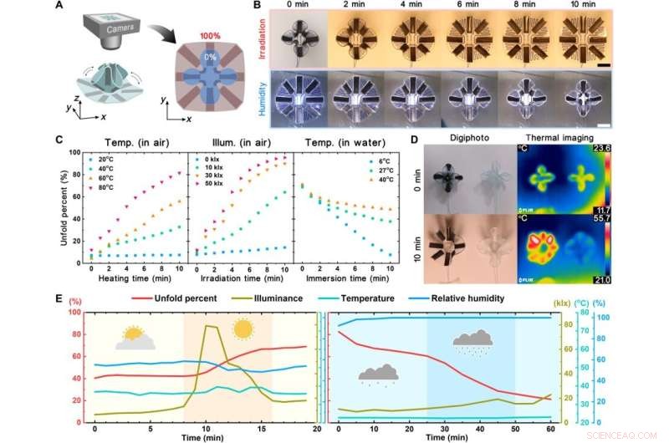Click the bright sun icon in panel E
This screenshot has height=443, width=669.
pyautogui.click(x=243, y=329)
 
